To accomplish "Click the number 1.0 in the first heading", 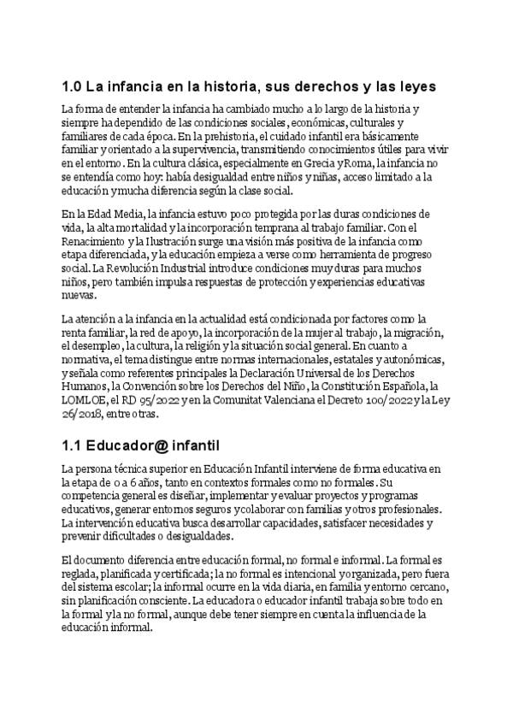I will (x=72, y=87).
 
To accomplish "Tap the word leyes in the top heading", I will (x=415, y=87).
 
